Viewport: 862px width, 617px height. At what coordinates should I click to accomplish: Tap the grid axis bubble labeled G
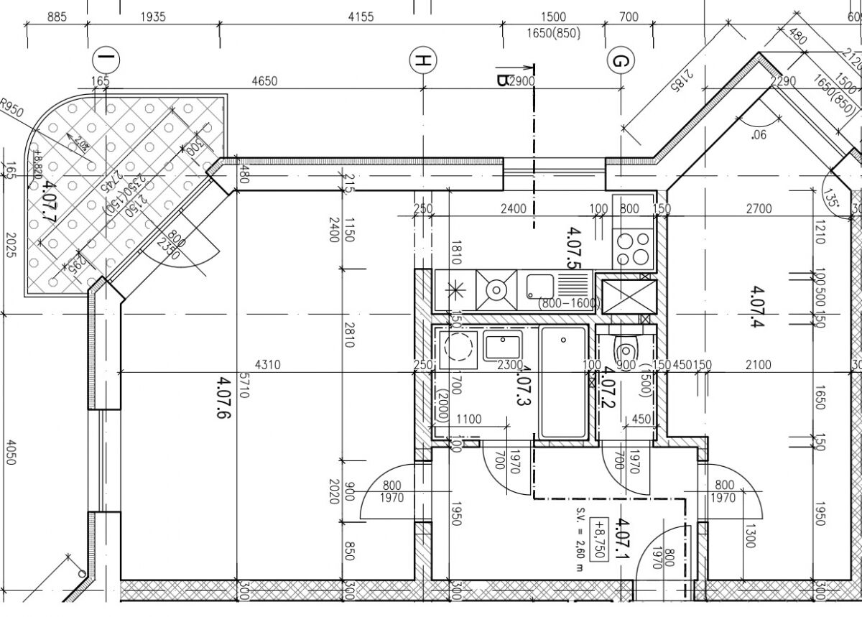point(618,61)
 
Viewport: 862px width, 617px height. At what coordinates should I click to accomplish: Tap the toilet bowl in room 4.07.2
point(624,351)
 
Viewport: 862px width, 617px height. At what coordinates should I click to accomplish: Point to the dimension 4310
point(267,365)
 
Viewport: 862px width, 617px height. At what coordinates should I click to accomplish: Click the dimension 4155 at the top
point(361,17)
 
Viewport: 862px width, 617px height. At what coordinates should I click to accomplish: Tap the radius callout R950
point(12,109)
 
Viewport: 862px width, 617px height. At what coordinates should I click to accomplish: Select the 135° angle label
point(833,195)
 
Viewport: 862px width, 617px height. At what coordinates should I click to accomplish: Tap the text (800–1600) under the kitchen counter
point(568,303)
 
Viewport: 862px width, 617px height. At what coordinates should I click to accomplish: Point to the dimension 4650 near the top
point(264,81)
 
